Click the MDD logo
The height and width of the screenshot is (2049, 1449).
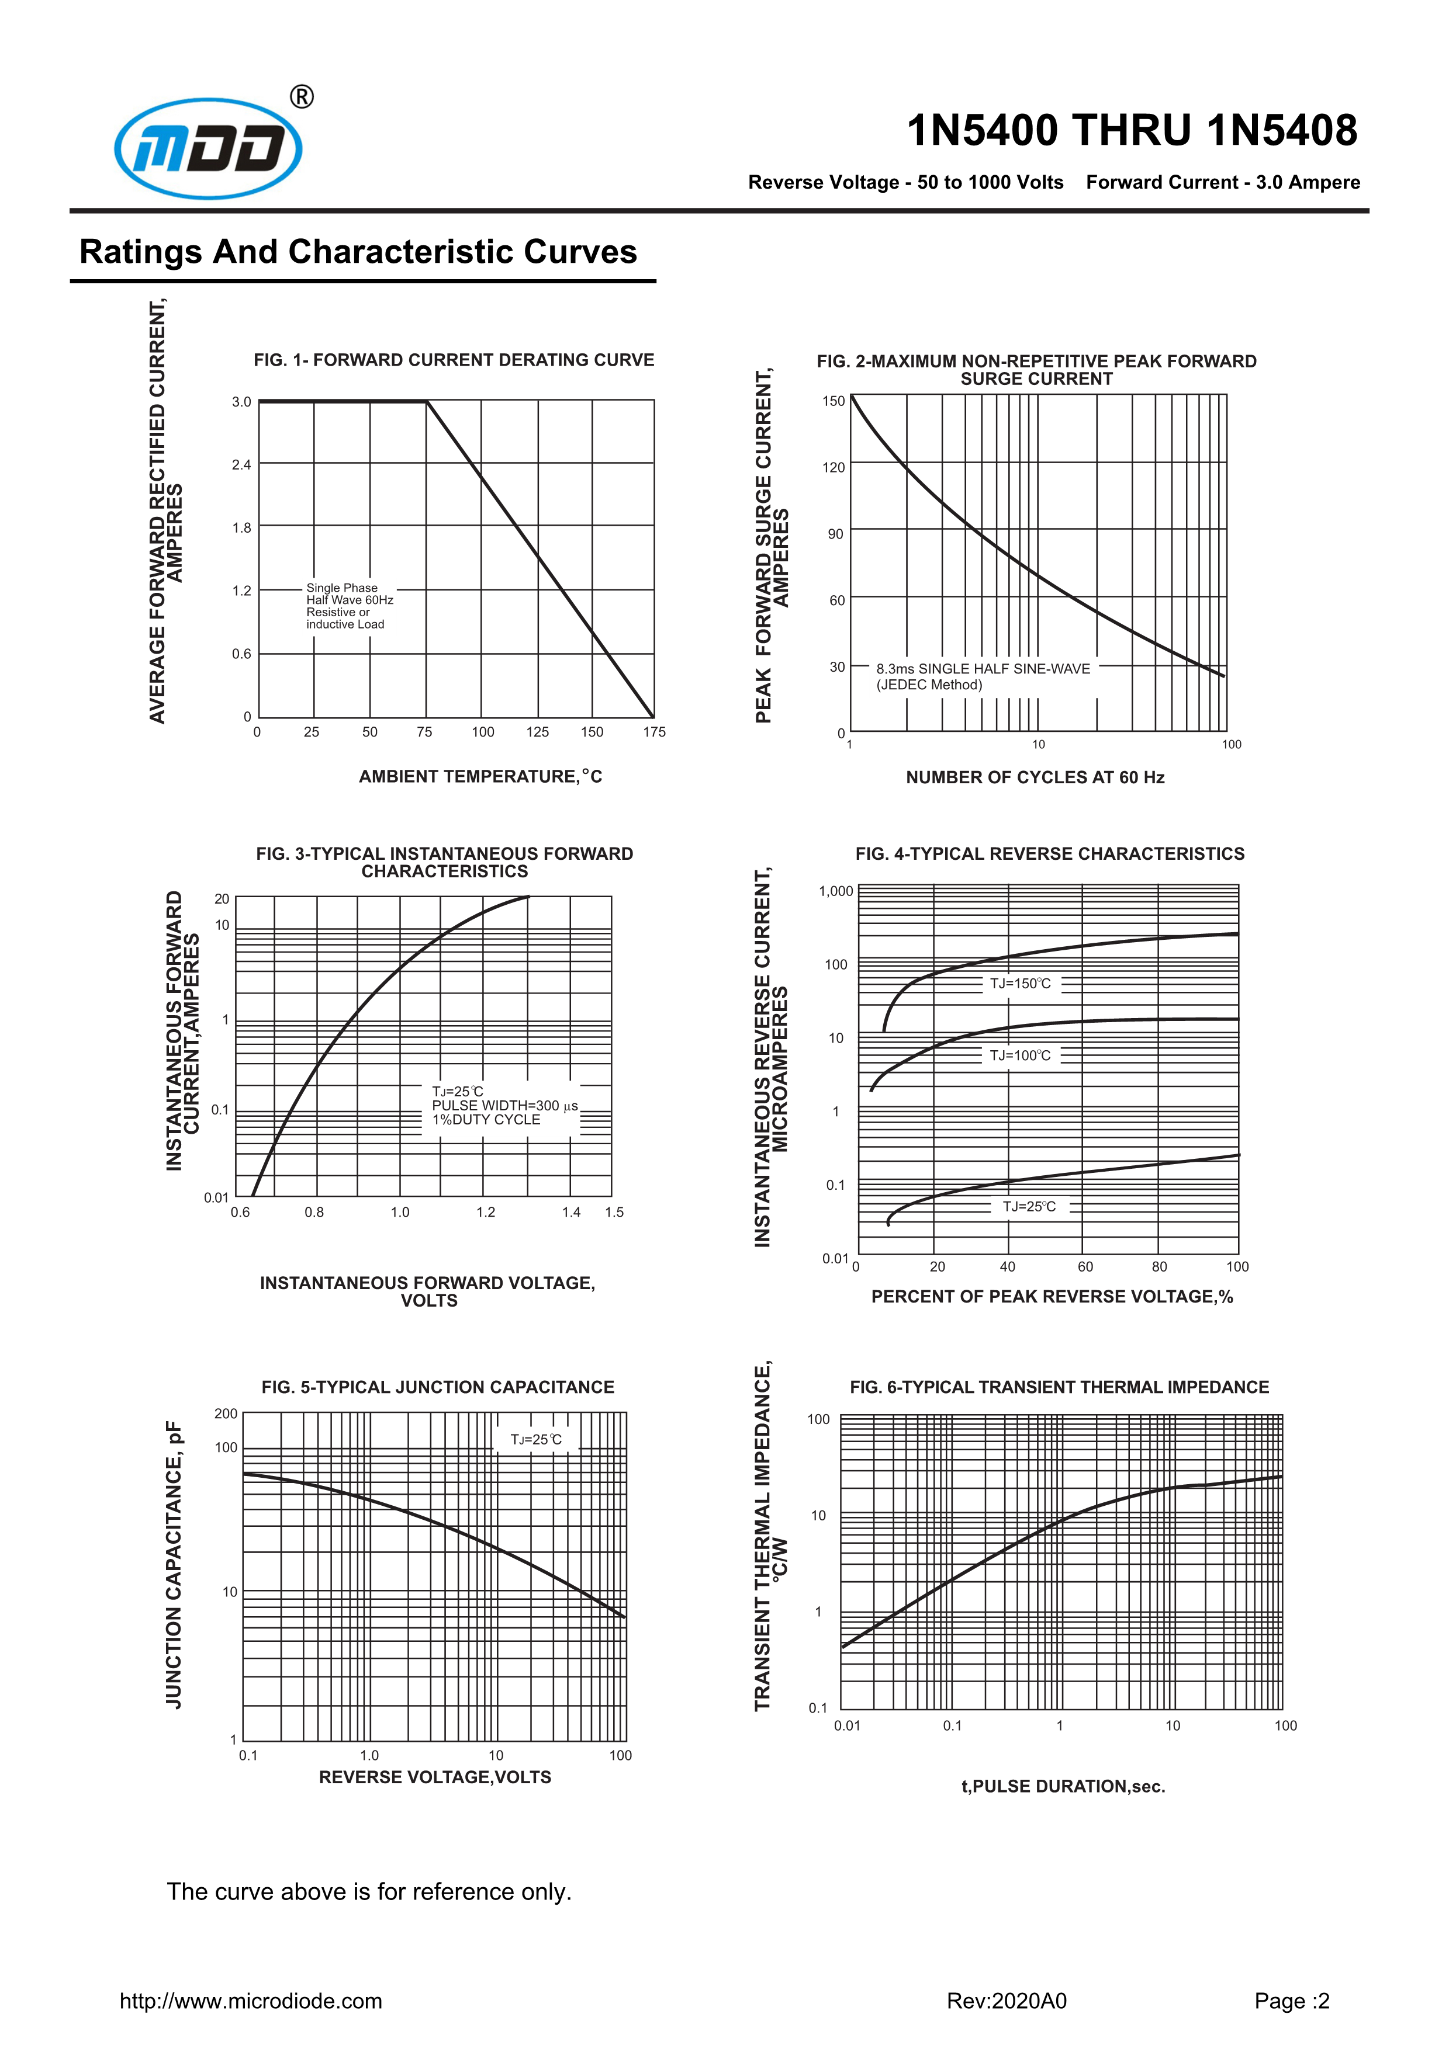coord(208,148)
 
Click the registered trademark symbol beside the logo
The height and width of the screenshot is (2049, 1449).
coord(303,96)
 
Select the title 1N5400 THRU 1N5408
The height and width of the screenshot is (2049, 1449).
coord(1131,130)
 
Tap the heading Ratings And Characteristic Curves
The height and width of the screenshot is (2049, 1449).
coord(358,252)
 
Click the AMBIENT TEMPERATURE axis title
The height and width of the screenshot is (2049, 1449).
coord(480,776)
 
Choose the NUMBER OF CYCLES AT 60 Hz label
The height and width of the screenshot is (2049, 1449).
coord(1035,777)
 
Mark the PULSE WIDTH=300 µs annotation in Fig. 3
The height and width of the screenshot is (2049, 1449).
coord(504,1106)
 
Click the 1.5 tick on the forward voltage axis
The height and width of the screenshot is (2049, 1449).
coord(614,1212)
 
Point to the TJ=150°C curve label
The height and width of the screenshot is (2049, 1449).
coord(1021,984)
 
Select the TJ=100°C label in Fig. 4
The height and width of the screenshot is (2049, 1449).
coord(1021,1055)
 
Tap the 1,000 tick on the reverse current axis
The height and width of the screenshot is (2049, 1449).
coord(836,891)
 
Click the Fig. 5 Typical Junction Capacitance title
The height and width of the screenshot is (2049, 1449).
coord(437,1387)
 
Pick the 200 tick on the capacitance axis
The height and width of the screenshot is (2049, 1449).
coord(226,1414)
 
